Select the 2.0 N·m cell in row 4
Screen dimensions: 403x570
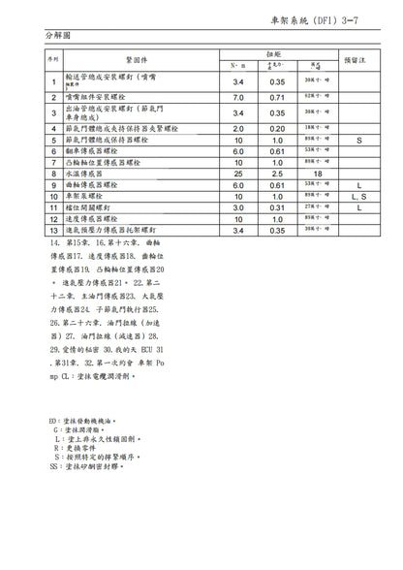(x=238, y=127)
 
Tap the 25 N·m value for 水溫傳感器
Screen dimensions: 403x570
(x=238, y=174)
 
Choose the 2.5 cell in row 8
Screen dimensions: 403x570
(x=278, y=174)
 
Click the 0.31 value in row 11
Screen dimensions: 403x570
(x=278, y=207)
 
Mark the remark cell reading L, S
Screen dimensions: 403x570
(x=357, y=196)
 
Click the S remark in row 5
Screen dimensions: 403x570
(x=357, y=140)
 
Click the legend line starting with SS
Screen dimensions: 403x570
(x=93, y=466)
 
